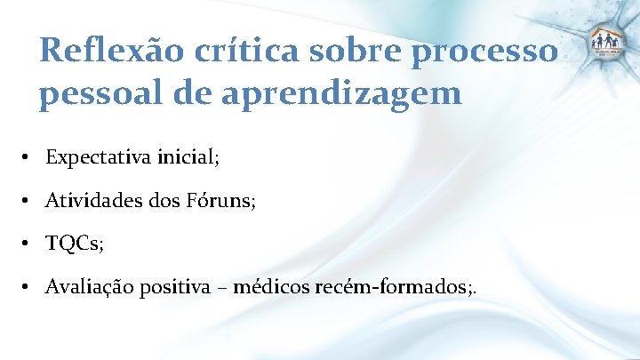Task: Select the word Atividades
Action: (x=95, y=202)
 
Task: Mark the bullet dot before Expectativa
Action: (x=29, y=159)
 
